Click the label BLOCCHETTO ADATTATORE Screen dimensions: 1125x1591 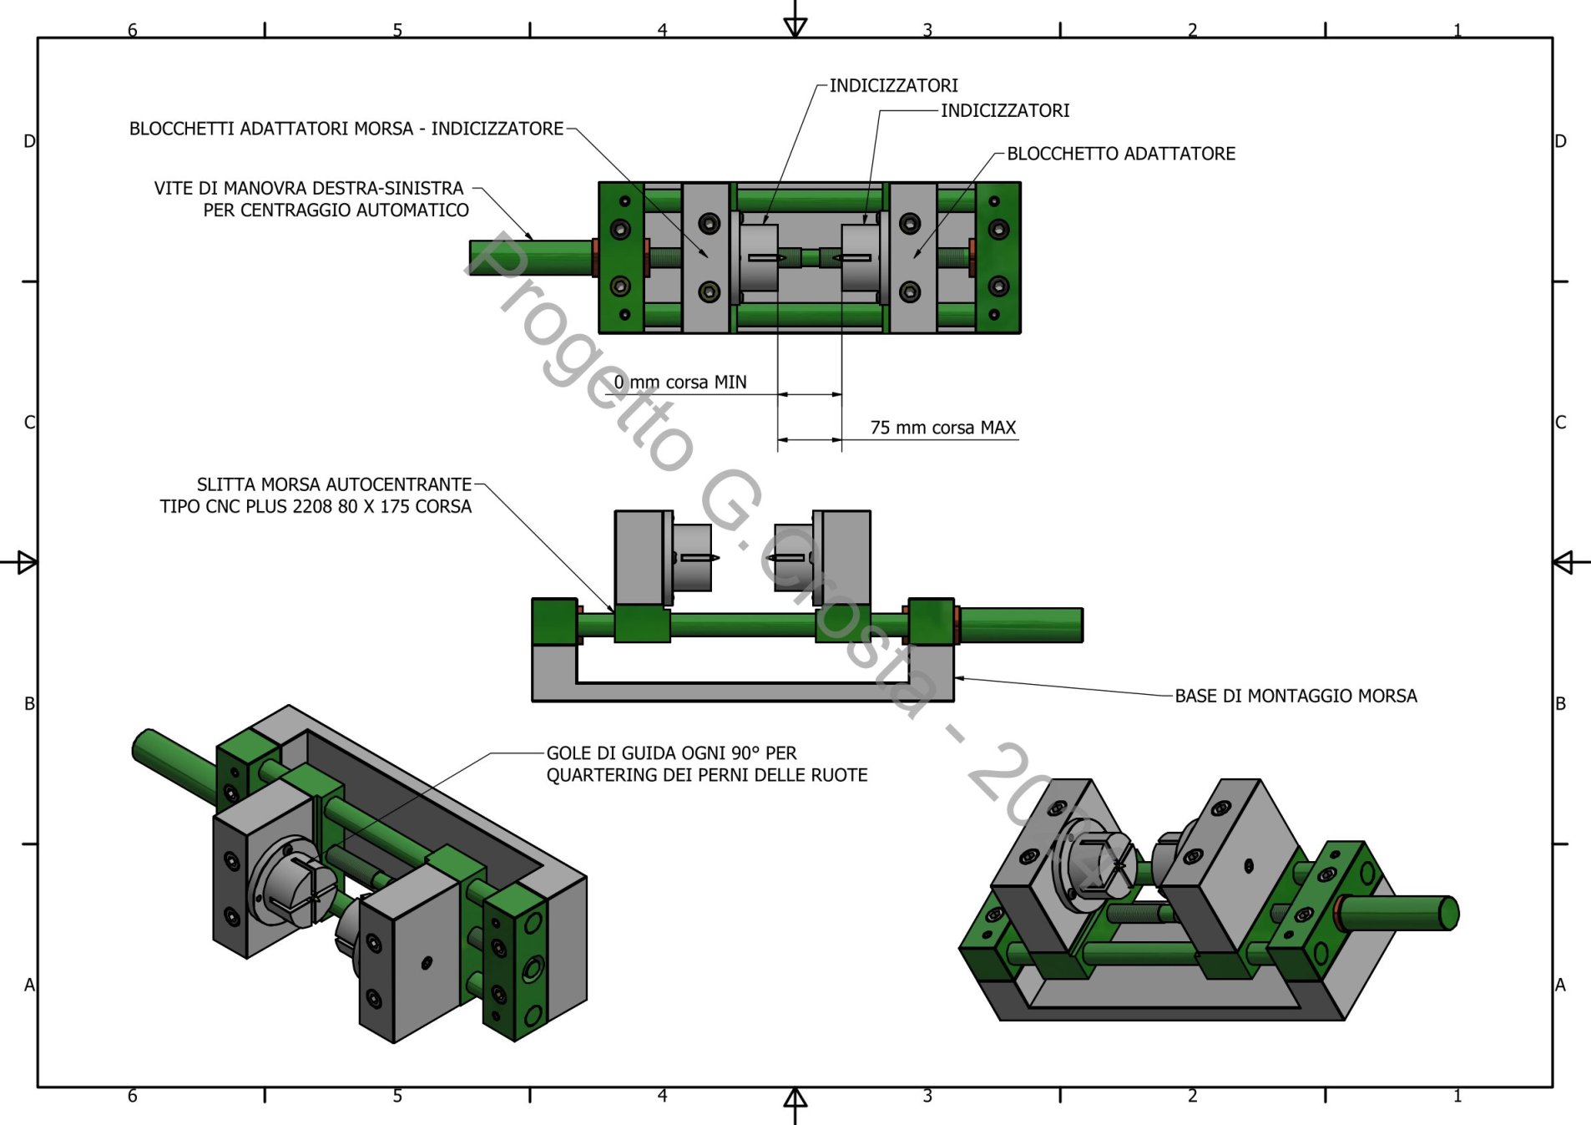1120,154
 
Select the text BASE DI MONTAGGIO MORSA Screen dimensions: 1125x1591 1296,696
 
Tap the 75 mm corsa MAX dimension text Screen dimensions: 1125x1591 942,428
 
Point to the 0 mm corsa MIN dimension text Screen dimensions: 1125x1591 680,382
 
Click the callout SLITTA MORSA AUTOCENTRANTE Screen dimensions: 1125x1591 334,484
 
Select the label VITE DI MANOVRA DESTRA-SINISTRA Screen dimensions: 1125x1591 308,188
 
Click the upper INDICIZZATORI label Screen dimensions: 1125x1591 893,85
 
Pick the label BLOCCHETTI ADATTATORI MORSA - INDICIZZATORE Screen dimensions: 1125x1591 346,129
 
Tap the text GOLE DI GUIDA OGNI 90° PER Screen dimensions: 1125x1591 671,753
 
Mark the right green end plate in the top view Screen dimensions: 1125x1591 998,258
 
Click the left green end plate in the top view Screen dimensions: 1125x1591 620,258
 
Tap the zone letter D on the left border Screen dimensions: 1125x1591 29,141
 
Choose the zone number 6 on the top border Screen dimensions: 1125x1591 132,30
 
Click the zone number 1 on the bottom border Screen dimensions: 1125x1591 1457,1096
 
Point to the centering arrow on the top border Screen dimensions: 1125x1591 795,25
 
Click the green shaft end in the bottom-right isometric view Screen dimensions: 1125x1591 1449,913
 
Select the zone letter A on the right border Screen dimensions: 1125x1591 1560,985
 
